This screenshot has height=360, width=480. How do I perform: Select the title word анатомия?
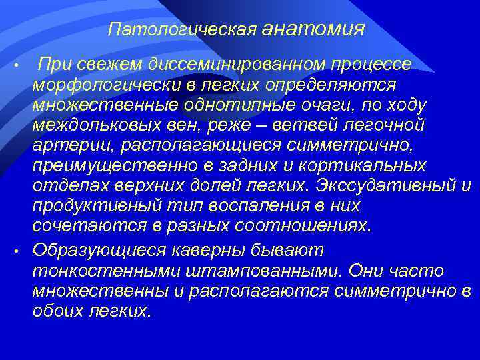(x=314, y=29)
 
